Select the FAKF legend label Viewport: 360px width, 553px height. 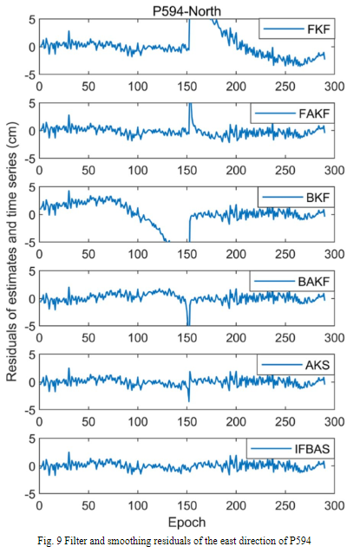(311, 114)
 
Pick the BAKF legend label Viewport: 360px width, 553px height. (311, 283)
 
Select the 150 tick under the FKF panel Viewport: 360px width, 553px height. (187, 87)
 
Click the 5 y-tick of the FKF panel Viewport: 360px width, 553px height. (31, 18)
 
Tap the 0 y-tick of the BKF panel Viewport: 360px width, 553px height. (31, 214)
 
